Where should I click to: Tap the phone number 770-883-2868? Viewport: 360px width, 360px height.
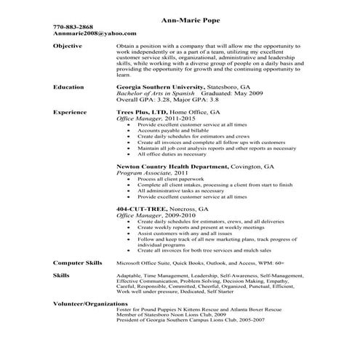(73, 27)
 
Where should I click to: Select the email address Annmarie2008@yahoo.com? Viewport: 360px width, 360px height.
(84, 33)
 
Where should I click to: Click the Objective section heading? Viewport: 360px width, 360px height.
(68, 46)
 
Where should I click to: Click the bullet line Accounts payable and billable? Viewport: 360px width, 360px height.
(169, 131)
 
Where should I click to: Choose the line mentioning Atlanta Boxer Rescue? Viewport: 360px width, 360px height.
(217, 308)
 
